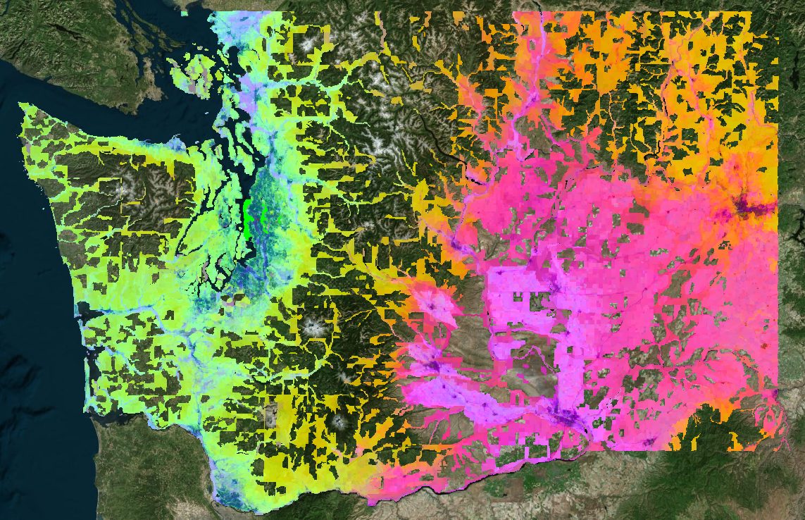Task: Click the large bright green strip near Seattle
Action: (x=248, y=211)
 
